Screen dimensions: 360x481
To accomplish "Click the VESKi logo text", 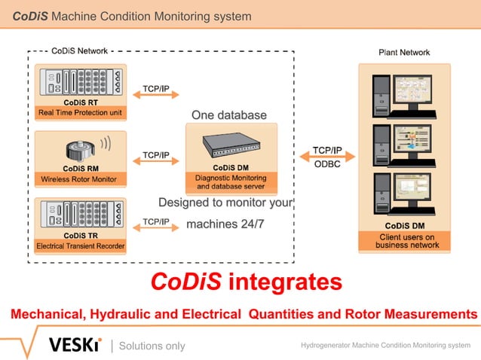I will (x=75, y=345).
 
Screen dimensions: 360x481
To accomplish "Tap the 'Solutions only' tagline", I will (x=152, y=346).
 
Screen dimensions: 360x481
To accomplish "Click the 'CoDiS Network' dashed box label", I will (x=80, y=51).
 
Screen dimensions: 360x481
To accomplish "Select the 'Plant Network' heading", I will (x=404, y=52).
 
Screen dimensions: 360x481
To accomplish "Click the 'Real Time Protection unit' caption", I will (x=80, y=114).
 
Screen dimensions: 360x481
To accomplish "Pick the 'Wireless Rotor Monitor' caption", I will (x=80, y=179).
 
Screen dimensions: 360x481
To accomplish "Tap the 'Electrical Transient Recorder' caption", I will (x=80, y=246).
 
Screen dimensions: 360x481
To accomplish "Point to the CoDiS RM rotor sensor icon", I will (x=80, y=148).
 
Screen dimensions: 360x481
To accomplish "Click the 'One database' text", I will (x=229, y=115).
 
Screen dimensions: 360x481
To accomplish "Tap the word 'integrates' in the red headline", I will (x=285, y=282).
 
